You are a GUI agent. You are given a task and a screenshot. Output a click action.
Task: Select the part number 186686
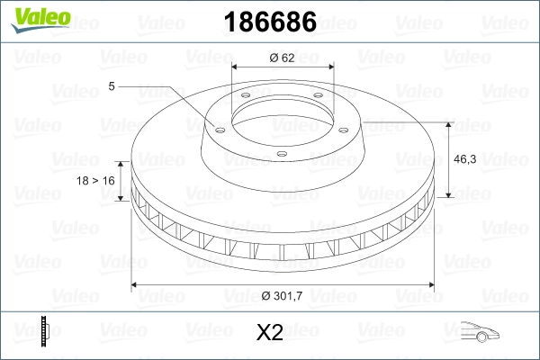268,22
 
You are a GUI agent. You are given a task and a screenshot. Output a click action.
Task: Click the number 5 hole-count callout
112,86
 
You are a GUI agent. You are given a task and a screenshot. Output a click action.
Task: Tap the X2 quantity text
270,333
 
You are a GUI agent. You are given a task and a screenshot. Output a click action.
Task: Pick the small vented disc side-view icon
44,332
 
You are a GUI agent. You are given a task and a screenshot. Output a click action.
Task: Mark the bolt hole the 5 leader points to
217,126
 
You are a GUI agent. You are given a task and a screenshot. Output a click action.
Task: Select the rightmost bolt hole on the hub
346,126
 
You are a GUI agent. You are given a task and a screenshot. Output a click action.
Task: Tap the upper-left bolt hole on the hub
243,97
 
